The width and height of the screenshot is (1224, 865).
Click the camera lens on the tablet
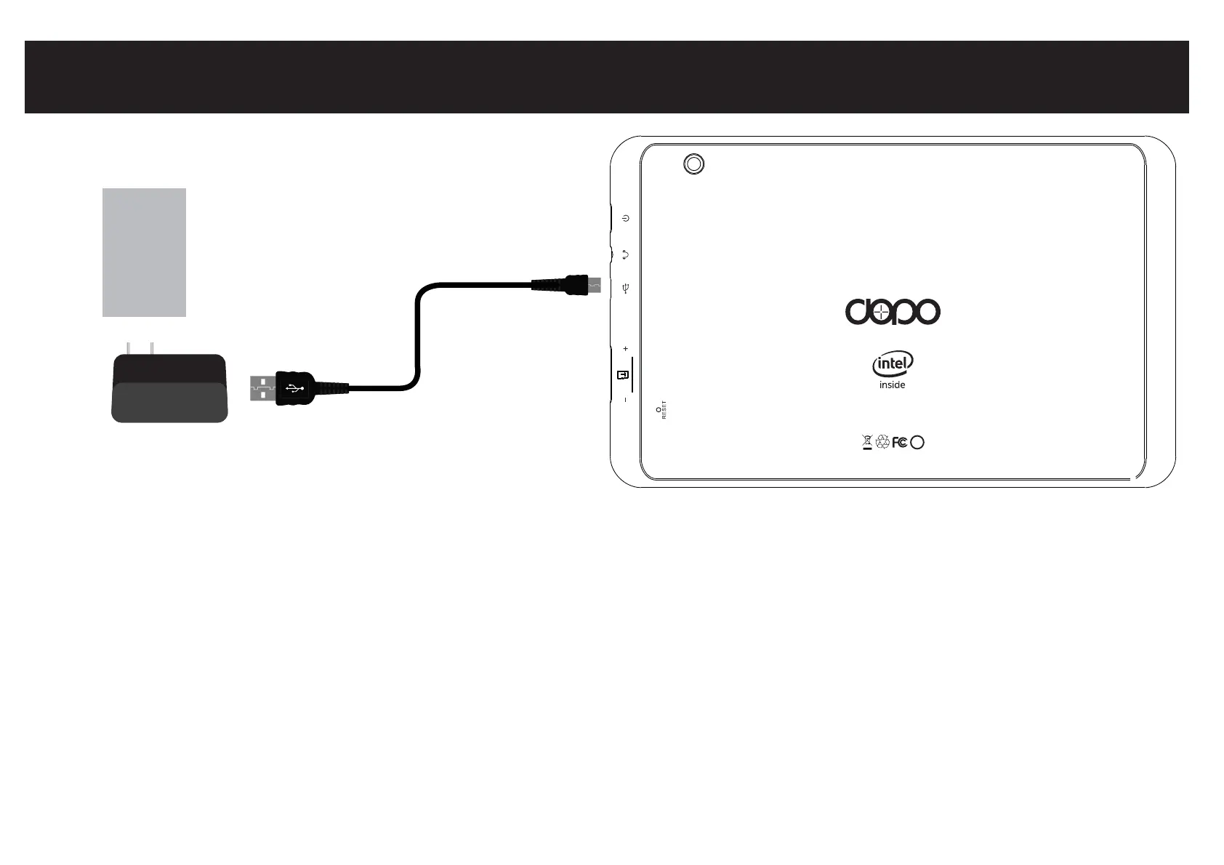pyautogui.click(x=694, y=164)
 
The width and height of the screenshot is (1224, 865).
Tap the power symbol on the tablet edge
pyautogui.click(x=625, y=218)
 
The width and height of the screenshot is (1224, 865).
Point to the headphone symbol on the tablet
pyautogui.click(x=625, y=254)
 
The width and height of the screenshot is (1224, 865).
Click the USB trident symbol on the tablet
pyautogui.click(x=625, y=289)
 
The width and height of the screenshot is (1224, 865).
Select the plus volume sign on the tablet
pyautogui.click(x=625, y=350)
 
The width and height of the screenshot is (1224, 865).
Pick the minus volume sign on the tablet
pyautogui.click(x=625, y=400)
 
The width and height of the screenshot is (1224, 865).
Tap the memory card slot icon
pyautogui.click(x=623, y=375)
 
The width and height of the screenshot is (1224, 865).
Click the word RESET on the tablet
pyautogui.click(x=664, y=411)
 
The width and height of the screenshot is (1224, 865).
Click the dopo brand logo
pyautogui.click(x=893, y=313)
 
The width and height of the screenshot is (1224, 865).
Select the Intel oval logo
pyautogui.click(x=893, y=363)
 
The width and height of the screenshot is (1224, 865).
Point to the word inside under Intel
pyautogui.click(x=892, y=385)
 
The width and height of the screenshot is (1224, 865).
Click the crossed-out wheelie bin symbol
pyautogui.click(x=866, y=441)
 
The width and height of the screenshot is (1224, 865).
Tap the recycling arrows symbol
pyautogui.click(x=883, y=442)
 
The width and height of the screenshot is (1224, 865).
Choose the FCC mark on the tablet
pyautogui.click(x=900, y=442)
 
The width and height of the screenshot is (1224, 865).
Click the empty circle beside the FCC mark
pyautogui.click(x=917, y=442)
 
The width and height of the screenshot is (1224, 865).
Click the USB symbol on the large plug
pyautogui.click(x=295, y=388)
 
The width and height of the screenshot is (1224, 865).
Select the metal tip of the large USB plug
pyautogui.click(x=262, y=388)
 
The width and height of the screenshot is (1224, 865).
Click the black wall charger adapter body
pyautogui.click(x=169, y=388)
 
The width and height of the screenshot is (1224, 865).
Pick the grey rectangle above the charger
pyautogui.click(x=144, y=252)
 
